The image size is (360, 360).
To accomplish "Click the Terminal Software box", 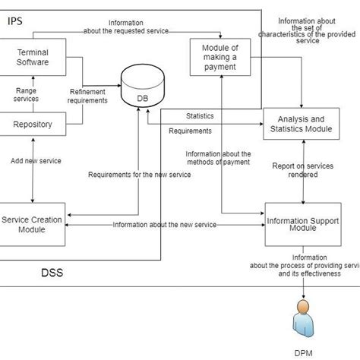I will point(33,58).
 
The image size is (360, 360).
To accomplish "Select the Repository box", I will point(33,124).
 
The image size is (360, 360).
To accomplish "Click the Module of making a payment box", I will point(220,58).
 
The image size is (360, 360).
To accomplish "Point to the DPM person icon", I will point(304,321).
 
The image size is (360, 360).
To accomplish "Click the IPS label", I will point(15,21).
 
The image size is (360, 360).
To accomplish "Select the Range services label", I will point(27,95).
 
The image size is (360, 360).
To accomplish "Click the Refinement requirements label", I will point(87,96).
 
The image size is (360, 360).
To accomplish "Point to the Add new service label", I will point(36,161).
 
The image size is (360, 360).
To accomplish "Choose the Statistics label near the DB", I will point(200,116).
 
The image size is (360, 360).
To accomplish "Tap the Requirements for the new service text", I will point(139,175).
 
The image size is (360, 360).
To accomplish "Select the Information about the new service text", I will point(164,225).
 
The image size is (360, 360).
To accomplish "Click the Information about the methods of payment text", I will point(218,158).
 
